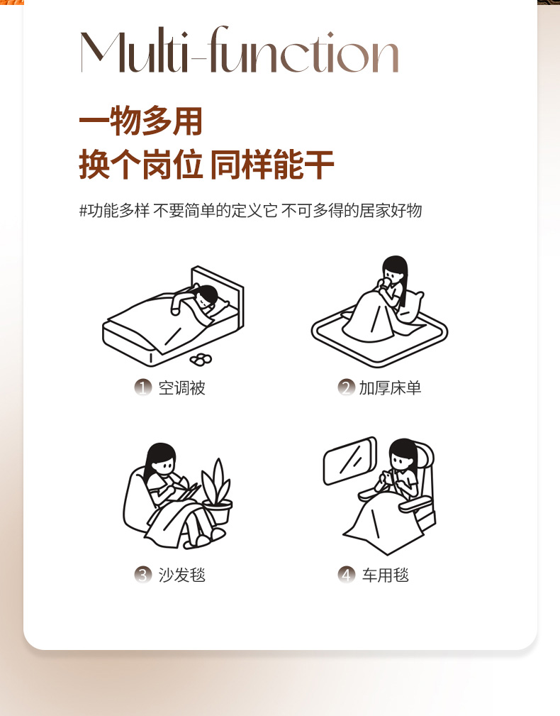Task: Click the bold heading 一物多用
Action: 141,121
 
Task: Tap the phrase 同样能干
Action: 272,165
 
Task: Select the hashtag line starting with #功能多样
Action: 250,211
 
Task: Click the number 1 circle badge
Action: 142,387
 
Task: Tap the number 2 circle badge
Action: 346,387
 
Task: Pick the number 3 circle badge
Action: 142,575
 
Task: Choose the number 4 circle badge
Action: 346,575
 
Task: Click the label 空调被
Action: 182,388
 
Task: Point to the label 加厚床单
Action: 390,388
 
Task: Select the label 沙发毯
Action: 182,575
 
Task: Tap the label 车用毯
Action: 386,575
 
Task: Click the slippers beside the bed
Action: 201,359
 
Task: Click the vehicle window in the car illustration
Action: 349,461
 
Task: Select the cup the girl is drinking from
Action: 386,284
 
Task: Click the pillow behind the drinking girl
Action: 410,305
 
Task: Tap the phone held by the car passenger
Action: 386,477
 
